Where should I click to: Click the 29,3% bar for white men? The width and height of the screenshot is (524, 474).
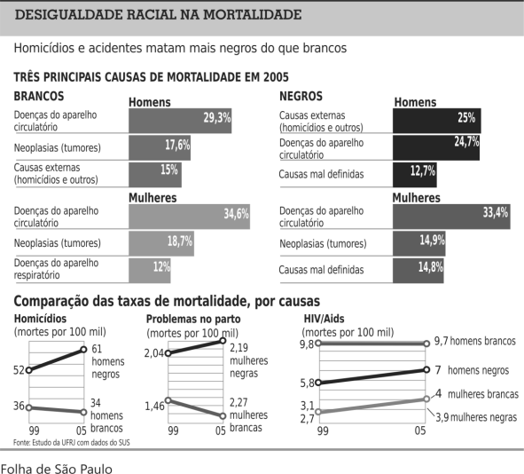[x=180, y=121]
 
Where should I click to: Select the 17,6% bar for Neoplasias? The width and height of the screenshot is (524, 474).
[x=160, y=148]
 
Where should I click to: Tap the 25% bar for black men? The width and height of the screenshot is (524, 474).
[x=437, y=121]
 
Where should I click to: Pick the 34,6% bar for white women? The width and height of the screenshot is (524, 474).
[x=189, y=217]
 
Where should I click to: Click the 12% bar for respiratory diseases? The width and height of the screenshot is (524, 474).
[x=150, y=271]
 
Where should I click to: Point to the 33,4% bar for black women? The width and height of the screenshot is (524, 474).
[x=451, y=217]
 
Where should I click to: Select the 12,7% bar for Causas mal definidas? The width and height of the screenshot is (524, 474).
[x=415, y=175]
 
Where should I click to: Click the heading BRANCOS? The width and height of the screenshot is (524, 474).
[x=39, y=97]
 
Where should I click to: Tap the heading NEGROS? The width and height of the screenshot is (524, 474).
[x=301, y=97]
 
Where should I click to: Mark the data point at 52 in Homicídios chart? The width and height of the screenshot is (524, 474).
[x=28, y=370]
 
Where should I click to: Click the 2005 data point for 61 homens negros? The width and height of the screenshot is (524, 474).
[x=83, y=350]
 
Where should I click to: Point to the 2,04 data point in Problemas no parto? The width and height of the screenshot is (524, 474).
[x=168, y=353]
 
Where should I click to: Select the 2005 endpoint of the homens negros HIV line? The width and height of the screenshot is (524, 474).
[x=426, y=369]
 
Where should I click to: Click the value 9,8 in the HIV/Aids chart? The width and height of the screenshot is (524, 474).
[x=307, y=344]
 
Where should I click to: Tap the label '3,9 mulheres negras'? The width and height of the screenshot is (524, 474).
[x=476, y=417]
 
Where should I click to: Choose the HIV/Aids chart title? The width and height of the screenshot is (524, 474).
[x=324, y=319]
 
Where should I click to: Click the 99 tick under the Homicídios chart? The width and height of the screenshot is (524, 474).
[x=34, y=431]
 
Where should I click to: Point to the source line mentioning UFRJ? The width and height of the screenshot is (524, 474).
[x=72, y=443]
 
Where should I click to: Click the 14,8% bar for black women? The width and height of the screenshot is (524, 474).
[x=418, y=271]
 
